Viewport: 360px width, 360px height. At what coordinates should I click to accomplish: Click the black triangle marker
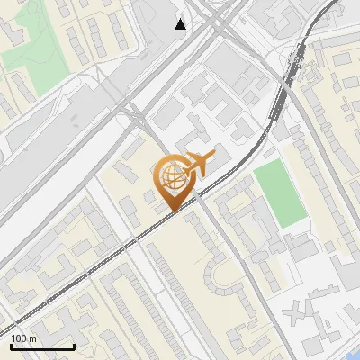coord(181,23)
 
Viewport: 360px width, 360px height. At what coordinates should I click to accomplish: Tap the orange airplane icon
coord(198,163)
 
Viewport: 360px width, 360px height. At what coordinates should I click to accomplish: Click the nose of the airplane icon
coord(214,157)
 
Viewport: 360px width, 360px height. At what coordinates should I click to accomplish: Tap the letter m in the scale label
coord(32,338)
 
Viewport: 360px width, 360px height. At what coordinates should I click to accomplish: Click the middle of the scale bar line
coord(42,346)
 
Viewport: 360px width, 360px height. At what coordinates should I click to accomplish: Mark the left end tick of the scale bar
coord(11,345)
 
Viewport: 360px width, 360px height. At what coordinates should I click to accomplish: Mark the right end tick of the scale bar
coord(74,345)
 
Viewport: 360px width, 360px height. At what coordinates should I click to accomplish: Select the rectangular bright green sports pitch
coord(278,193)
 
